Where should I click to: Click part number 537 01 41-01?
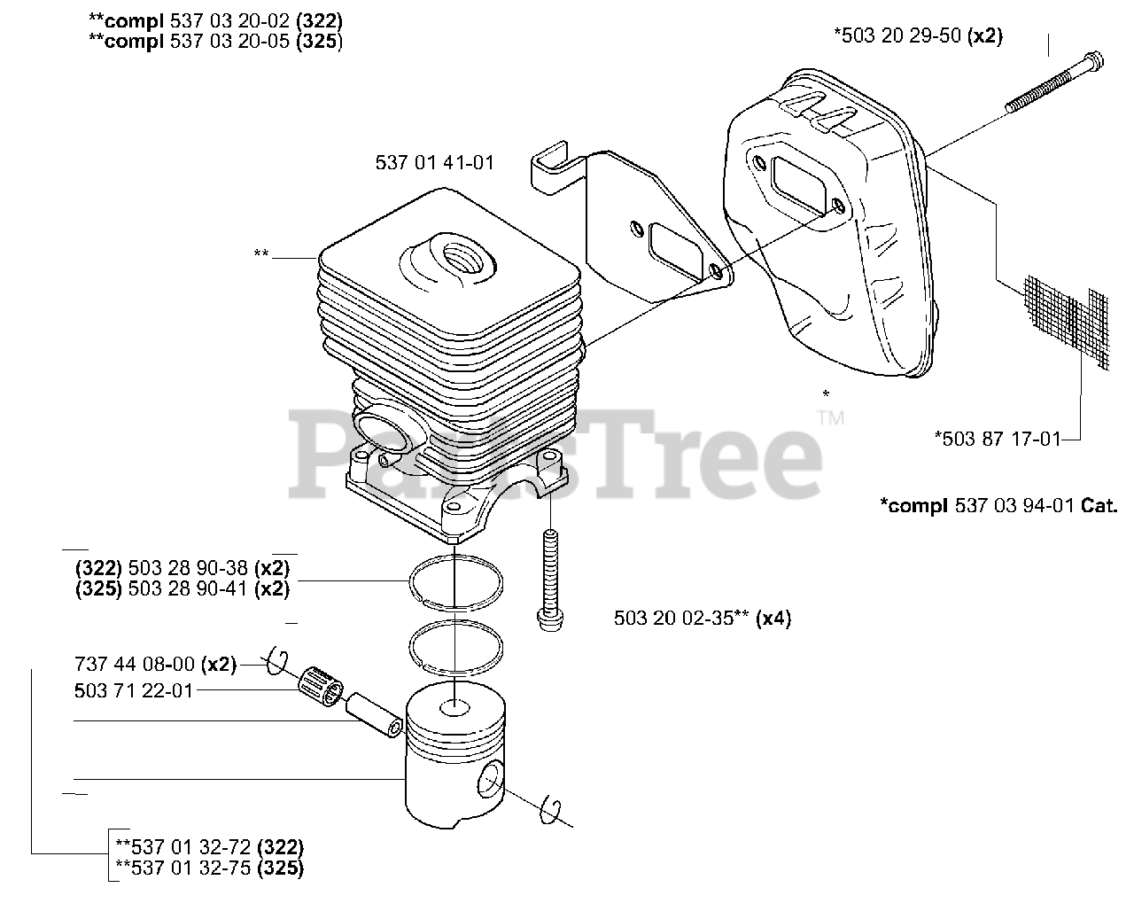[435, 162]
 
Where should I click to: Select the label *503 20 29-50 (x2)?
[919, 35]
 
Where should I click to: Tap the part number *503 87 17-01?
[998, 438]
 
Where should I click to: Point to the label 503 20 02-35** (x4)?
[702, 619]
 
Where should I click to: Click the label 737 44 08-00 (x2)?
[155, 665]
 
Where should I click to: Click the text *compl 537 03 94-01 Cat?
[998, 505]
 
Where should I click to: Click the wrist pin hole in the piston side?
[489, 782]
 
